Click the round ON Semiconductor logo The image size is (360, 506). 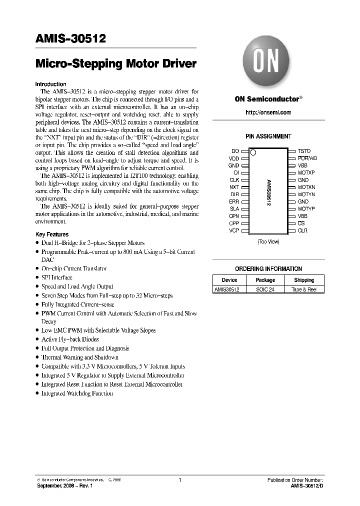(268, 63)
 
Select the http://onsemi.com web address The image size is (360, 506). (268, 112)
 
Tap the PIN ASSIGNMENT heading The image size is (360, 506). (268, 136)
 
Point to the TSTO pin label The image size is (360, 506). (304, 151)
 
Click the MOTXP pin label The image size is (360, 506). (306, 172)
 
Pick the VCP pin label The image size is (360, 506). (234, 230)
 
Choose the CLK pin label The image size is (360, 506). (234, 180)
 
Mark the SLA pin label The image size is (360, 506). (234, 208)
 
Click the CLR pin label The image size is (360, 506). (302, 230)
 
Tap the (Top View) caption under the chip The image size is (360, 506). (268, 241)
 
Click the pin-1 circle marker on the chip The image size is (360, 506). (253, 152)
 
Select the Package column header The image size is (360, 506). (265, 280)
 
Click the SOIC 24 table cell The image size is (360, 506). (265, 289)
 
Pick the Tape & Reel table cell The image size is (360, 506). (304, 289)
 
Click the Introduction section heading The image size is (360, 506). (51, 84)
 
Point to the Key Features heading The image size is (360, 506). (52, 234)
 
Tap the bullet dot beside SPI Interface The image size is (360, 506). (37, 278)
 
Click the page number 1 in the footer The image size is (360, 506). (179, 480)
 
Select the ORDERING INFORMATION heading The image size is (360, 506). (268, 268)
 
